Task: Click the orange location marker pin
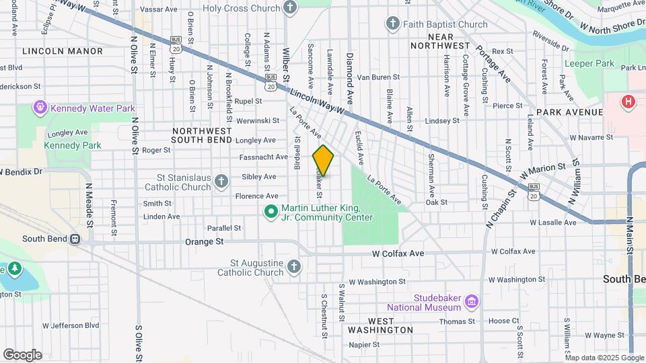324,161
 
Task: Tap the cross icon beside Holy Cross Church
290,8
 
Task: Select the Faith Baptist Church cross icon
393,25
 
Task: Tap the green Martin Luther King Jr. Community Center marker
271,212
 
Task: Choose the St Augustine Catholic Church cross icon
293,268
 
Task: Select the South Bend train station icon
75,239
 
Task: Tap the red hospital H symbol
628,102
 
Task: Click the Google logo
22,354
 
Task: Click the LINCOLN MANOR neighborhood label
63,51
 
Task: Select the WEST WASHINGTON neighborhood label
380,330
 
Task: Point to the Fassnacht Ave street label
263,157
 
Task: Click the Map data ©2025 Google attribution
604,358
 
